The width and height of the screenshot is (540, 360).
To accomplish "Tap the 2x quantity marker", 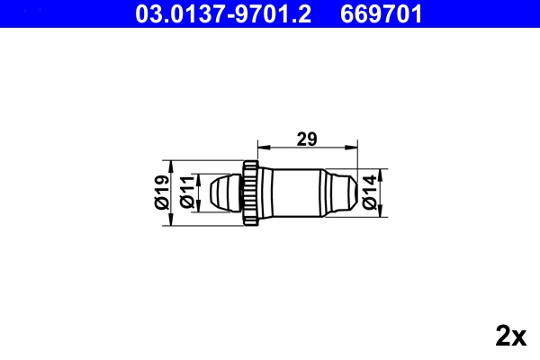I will [x=510, y=336].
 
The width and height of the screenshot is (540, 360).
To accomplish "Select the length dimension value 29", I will [x=307, y=139].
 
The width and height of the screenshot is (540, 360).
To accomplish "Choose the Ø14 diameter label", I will [x=370, y=193].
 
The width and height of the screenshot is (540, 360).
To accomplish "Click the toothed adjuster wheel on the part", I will [x=249, y=191].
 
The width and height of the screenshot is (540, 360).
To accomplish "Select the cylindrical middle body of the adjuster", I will [x=293, y=191].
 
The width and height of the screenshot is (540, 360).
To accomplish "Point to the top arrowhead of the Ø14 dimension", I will [x=382, y=172].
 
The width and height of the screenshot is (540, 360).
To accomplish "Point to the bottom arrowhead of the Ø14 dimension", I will [x=382, y=211].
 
